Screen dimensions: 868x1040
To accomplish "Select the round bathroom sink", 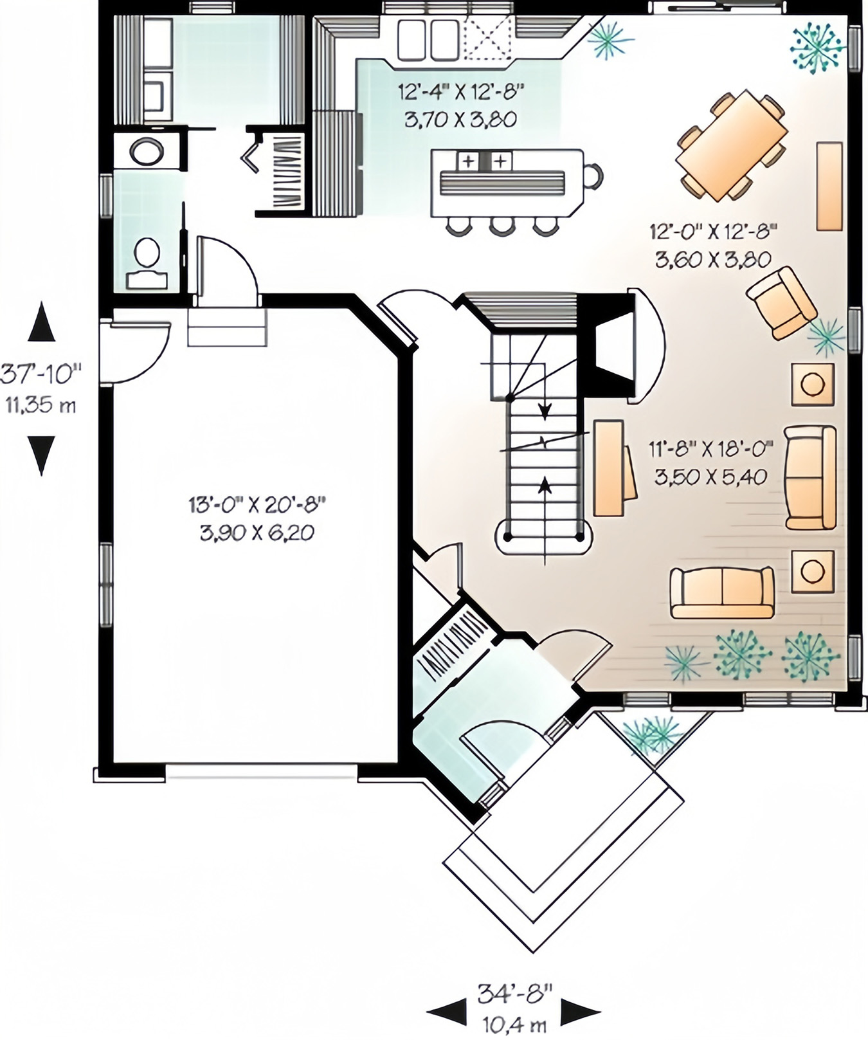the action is coord(147,152).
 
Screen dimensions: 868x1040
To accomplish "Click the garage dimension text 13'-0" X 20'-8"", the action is coord(257,504).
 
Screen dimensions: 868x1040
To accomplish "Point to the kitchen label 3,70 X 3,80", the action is coord(461,120).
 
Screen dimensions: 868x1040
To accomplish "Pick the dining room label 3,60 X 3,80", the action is coord(713,260).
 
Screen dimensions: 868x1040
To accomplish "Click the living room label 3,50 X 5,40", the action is coord(710,477).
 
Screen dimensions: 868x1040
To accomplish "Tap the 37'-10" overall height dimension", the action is coord(41,373).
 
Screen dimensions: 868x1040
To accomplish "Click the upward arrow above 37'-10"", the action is coord(42,321).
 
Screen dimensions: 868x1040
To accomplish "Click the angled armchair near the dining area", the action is coord(781,302).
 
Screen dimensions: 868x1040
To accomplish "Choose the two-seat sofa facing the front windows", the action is coord(721,592).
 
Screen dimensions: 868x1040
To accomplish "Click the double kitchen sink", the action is coord(428,39).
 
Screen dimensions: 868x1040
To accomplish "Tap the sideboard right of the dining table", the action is coord(829,186).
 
